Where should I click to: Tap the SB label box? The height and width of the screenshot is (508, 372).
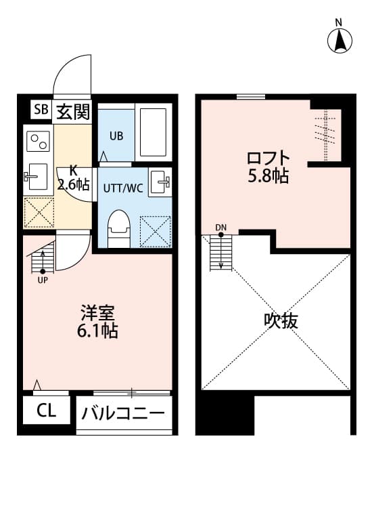[x=41, y=110]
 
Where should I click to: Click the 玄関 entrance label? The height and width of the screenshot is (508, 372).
[x=72, y=110]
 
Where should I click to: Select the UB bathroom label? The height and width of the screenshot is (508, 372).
[x=116, y=135]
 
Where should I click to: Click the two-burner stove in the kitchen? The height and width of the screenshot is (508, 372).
[x=38, y=142]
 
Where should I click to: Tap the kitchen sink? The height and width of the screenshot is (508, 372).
[x=37, y=177]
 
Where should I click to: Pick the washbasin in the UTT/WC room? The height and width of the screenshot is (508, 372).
[x=160, y=181]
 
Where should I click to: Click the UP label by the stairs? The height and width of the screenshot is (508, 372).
[x=43, y=278]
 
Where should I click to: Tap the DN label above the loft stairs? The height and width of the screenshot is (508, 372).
[x=221, y=227]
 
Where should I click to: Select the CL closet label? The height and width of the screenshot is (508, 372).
[x=46, y=410]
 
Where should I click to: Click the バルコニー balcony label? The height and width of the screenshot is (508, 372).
[x=123, y=413]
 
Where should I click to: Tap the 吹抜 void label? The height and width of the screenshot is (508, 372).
[x=281, y=320]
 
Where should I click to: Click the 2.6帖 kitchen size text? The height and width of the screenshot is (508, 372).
[x=73, y=184]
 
